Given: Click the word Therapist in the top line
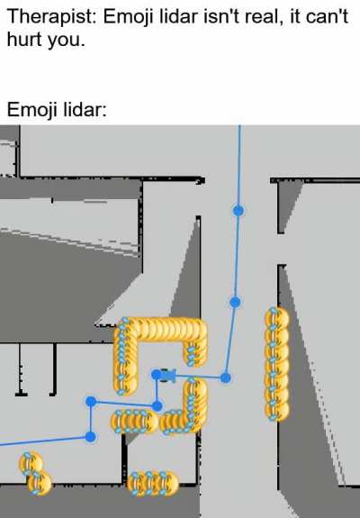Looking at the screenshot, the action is (51, 16).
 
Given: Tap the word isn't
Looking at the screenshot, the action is (221, 16).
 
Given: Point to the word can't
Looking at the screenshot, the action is (327, 16).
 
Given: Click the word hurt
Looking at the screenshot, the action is (24, 39).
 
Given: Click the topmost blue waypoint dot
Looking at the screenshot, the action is (238, 211).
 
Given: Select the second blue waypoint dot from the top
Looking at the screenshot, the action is (235, 302).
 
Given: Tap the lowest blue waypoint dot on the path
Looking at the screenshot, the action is (90, 437).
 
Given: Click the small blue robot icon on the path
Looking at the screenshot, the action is (168, 376).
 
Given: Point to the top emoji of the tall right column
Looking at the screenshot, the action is (277, 318).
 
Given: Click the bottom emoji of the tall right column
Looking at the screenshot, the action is (277, 410).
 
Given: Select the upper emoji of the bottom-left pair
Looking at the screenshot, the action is (31, 463).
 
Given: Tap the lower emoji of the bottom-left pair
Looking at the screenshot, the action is (40, 483).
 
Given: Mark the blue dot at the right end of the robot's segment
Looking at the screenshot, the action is (225, 377).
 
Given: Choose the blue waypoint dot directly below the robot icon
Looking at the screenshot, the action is (157, 405).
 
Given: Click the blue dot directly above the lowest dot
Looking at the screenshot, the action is (91, 402).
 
